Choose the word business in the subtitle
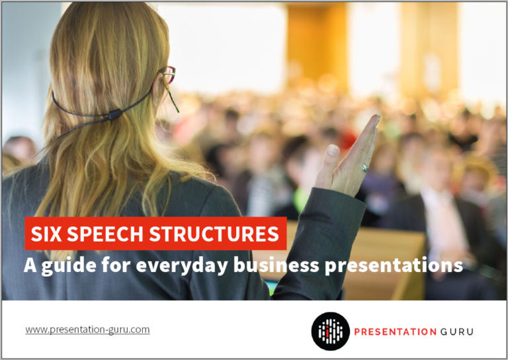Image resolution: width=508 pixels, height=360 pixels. pyautogui.click(x=276, y=265)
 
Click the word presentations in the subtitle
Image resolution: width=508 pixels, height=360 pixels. pyautogui.click(x=394, y=266)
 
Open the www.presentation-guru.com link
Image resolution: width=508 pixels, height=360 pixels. pyautogui.click(x=87, y=330)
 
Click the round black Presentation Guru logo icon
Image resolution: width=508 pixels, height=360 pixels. pyautogui.click(x=331, y=331)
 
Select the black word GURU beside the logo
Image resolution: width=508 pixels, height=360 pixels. pyautogui.click(x=457, y=332)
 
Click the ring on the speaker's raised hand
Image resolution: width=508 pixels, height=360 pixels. pyautogui.click(x=365, y=168)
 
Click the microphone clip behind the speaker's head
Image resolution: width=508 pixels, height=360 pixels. pyautogui.click(x=114, y=114)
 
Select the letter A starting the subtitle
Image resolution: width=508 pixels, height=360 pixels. pyautogui.click(x=30, y=265)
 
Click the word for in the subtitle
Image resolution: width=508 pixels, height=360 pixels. pyautogui.click(x=116, y=265)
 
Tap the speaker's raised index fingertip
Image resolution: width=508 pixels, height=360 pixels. pyautogui.click(x=375, y=118)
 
